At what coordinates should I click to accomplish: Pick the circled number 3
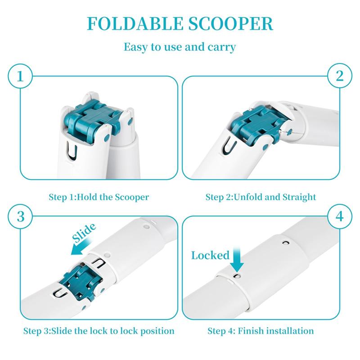pos(20,215)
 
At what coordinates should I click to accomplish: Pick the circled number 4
pos(339,215)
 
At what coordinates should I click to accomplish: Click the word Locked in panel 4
pos(210,256)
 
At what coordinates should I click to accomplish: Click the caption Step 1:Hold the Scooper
pos(99,197)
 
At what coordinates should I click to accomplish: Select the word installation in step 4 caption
pos(288,331)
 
